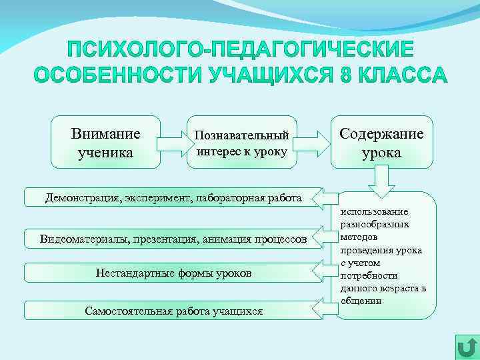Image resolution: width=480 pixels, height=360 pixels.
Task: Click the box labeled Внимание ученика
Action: (105, 142)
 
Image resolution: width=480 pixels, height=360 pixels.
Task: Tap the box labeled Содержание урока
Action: (381, 142)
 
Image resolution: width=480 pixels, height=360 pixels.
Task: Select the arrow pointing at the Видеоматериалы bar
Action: (328, 237)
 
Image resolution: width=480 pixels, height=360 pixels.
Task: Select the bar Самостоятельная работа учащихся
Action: (173, 311)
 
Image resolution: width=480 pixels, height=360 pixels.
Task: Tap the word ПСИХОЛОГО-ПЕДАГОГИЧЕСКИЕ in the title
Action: (240, 51)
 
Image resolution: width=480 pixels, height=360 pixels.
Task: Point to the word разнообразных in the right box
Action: (374, 225)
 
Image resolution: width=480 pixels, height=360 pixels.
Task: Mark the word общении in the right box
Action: (361, 301)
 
